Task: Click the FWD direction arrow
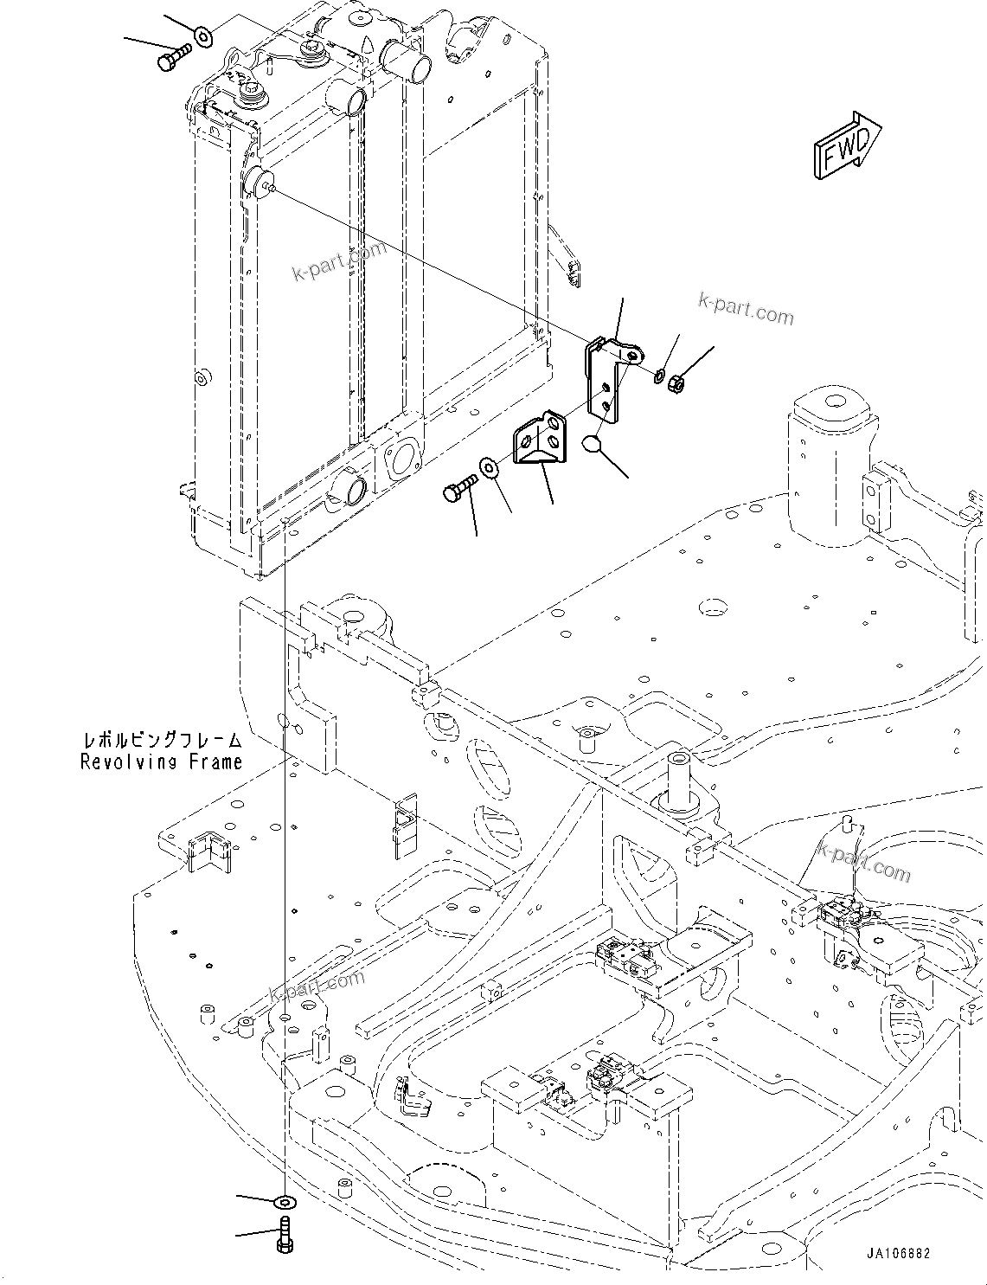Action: pyautogui.click(x=846, y=147)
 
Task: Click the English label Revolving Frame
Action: pyautogui.click(x=161, y=761)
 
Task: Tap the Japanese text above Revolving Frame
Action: pyautogui.click(x=162, y=741)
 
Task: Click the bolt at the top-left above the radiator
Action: pyautogui.click(x=175, y=56)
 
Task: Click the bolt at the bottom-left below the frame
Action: pyautogui.click(x=285, y=1231)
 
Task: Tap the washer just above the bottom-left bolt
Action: pyautogui.click(x=284, y=1203)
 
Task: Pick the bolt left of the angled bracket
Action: pyautogui.click(x=458, y=487)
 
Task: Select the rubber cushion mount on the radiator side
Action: pyautogui.click(x=257, y=184)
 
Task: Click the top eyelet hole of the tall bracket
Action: pyautogui.click(x=635, y=354)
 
